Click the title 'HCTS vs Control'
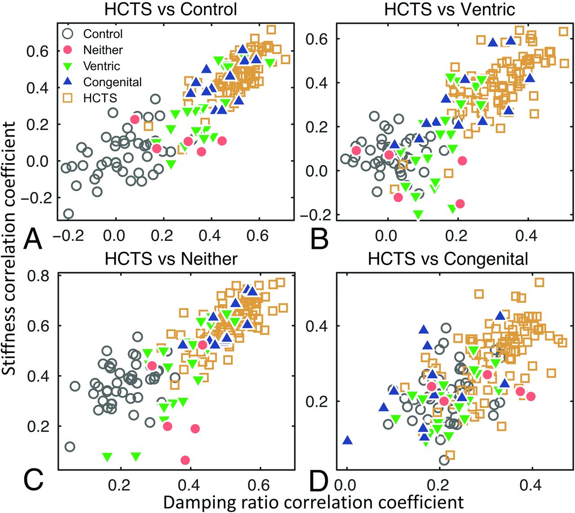[170, 9]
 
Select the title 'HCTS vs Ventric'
[450, 9]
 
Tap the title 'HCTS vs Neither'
[171, 259]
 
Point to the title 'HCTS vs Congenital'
[448, 259]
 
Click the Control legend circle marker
[68, 34]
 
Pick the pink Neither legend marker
[68, 50]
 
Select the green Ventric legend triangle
[68, 66]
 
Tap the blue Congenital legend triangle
[68, 82]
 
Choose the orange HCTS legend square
[68, 98]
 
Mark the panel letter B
[319, 239]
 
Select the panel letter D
[320, 480]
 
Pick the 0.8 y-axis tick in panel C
[38, 275]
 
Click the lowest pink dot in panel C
[185, 460]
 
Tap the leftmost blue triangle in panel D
[347, 440]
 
